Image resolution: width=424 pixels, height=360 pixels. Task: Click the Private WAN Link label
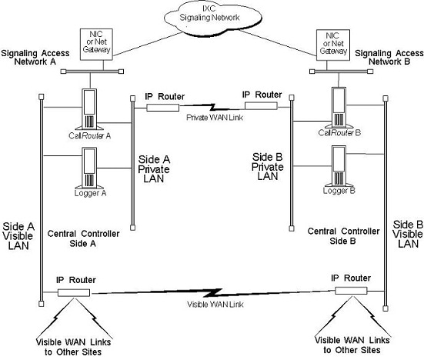(x=210, y=119)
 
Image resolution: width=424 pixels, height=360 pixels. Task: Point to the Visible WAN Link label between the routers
(x=210, y=303)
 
